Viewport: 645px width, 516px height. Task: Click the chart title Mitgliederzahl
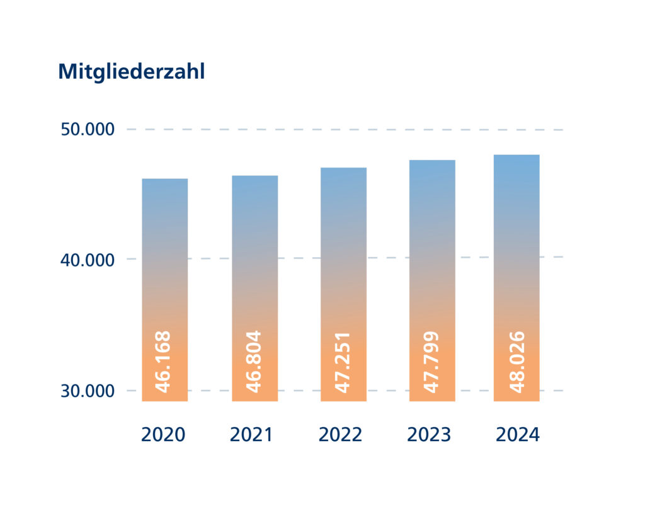[131, 72]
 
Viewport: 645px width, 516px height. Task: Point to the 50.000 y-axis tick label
[88, 130]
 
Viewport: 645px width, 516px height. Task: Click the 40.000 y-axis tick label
[88, 260]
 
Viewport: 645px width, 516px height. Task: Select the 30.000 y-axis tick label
[88, 391]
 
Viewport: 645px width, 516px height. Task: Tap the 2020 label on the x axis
[163, 435]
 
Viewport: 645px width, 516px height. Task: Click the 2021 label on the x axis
[252, 435]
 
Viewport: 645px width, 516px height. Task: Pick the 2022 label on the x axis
[341, 435]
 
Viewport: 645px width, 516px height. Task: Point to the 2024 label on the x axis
[518, 435]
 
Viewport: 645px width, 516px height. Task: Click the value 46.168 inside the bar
[163, 362]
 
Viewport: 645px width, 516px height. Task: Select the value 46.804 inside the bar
[253, 362]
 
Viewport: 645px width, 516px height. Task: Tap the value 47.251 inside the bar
[342, 362]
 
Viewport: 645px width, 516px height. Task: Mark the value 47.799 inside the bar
[431, 362]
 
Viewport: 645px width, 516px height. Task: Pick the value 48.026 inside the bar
[517, 362]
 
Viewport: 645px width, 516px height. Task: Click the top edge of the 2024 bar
[517, 156]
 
